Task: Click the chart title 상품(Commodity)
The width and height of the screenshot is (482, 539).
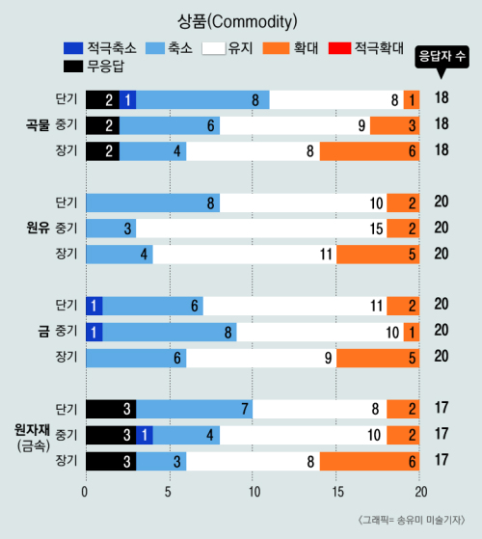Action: pos(237,22)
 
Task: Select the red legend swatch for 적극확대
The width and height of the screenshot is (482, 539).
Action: pos(339,48)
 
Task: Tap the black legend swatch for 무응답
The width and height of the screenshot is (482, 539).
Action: pos(73,67)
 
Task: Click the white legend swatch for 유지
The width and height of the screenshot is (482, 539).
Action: pos(214,48)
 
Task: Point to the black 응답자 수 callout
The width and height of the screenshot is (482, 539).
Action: pos(442,59)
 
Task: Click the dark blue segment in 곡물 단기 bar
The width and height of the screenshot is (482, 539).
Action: pos(128,99)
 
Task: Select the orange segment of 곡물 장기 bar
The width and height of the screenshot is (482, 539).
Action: pos(369,151)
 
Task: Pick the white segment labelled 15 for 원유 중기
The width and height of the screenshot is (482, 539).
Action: pos(261,229)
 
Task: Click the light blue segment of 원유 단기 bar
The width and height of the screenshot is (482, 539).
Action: pos(153,202)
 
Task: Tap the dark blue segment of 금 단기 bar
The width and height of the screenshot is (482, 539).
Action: pos(94,306)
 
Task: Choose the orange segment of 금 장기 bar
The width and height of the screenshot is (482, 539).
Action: pos(378,358)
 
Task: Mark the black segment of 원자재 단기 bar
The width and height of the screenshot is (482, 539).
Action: pos(111,409)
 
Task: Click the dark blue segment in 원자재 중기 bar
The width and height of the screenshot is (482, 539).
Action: pos(145,435)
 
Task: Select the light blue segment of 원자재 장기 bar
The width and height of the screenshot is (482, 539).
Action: pos(161,461)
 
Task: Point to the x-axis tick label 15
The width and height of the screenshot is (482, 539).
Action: pos(337,493)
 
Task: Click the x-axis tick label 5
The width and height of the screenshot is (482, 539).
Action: pos(168,493)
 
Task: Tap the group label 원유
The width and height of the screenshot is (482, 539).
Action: pos(39,228)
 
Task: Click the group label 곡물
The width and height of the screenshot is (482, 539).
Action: pos(39,124)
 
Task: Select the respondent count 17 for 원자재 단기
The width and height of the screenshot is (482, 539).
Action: pos(442,408)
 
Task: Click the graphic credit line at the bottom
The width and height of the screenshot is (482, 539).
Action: pos(412,520)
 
